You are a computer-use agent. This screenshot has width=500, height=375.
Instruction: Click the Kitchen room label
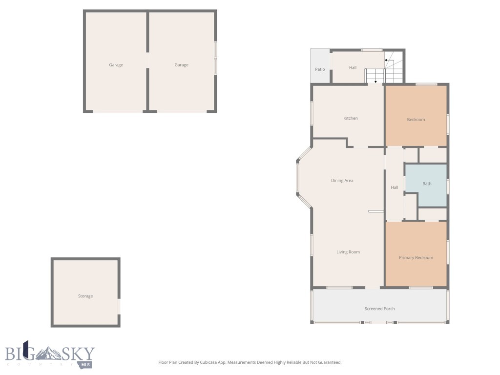click(351, 118)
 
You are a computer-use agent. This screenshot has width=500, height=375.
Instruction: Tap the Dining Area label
click(342, 181)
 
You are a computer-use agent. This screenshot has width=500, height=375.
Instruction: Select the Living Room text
click(348, 252)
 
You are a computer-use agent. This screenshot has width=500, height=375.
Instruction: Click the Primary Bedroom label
click(416, 258)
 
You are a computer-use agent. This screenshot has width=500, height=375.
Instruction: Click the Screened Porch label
click(379, 309)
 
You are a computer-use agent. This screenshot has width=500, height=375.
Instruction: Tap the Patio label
click(320, 69)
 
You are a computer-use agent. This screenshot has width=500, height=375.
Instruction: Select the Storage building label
click(85, 296)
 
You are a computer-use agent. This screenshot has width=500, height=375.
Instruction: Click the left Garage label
click(116, 65)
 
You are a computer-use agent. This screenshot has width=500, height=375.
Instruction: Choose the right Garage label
click(181, 65)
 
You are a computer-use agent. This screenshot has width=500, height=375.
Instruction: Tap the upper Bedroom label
click(416, 120)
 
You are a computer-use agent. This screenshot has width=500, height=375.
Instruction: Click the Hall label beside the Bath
click(395, 187)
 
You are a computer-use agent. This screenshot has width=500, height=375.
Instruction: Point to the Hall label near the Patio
click(353, 68)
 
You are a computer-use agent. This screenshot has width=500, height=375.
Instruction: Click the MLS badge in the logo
click(86, 364)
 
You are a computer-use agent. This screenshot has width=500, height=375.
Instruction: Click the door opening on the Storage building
click(119, 306)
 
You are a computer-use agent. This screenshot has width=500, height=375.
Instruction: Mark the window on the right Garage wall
click(215, 58)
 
